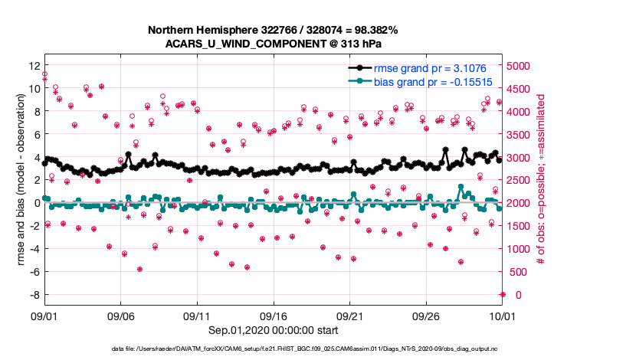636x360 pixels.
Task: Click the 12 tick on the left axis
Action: pyautogui.click(x=33, y=66)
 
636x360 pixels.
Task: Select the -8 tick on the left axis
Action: pyautogui.click(x=33, y=295)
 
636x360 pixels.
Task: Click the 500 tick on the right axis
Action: pyautogui.click(x=518, y=272)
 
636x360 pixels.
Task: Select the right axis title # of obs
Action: pyautogui.click(x=541, y=180)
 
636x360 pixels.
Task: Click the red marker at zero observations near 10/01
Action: pyautogui.click(x=503, y=295)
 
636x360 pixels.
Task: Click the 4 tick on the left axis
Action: pyautogui.click(x=35, y=158)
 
